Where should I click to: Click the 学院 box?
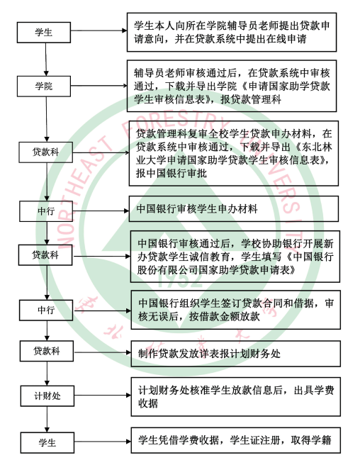(44, 86)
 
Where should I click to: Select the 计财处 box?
(47, 396)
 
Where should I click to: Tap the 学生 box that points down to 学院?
(44, 33)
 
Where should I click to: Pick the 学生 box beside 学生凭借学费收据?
(47, 442)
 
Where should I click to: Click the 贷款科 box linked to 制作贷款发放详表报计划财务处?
(47, 351)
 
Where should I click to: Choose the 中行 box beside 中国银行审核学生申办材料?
(46, 211)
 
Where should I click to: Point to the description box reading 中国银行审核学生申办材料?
(234, 209)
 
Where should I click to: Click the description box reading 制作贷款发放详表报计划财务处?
(235, 354)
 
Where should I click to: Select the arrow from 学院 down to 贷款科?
(47, 119)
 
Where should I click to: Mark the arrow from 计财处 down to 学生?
(47, 419)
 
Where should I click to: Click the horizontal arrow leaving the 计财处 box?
(103, 396)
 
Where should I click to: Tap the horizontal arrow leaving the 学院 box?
(99, 86)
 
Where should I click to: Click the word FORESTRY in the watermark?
(177, 123)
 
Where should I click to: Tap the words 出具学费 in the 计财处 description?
(314, 391)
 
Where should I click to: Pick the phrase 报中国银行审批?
(171, 173)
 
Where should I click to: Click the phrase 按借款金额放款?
(225, 317)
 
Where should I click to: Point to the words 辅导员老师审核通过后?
(185, 73)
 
